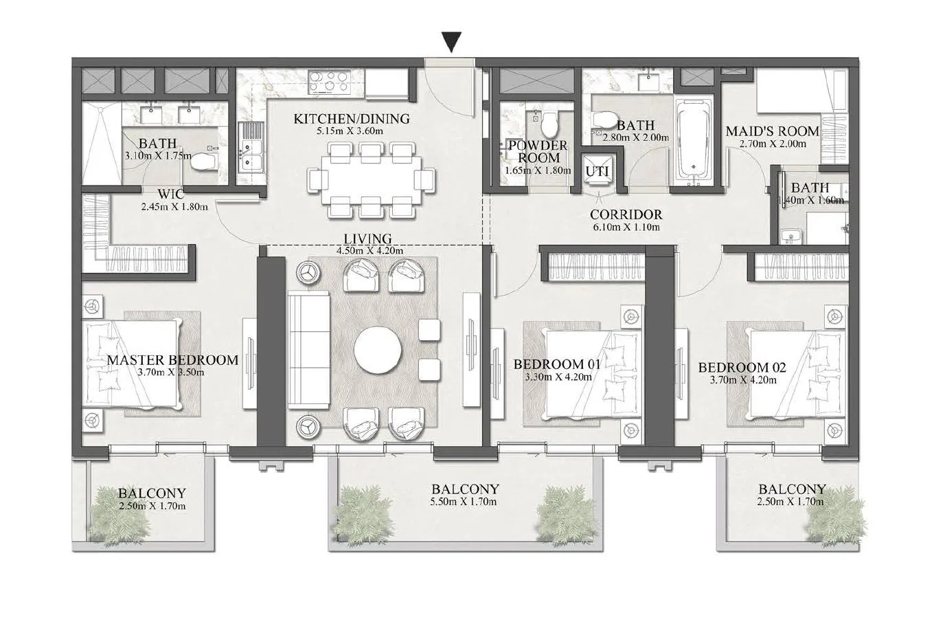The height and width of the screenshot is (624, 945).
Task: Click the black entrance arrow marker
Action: click(451, 42)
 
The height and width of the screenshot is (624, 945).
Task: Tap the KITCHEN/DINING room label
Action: click(352, 119)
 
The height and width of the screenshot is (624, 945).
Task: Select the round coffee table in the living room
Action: click(378, 350)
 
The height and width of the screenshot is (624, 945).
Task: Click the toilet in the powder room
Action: click(549, 122)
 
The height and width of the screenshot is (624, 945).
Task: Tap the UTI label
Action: click(597, 171)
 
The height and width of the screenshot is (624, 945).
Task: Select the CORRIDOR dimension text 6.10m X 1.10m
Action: click(626, 227)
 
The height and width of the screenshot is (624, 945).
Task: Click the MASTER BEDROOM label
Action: click(172, 360)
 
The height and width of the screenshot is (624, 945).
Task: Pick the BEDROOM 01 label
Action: click(557, 364)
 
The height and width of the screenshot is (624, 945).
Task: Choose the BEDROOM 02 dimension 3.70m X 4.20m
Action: click(742, 380)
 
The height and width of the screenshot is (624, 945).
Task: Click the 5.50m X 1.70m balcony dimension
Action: click(463, 502)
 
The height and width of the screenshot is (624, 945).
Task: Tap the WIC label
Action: click(171, 194)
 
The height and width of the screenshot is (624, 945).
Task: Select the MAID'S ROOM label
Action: click(772, 131)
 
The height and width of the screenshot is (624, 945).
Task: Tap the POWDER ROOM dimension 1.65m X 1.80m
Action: click(538, 170)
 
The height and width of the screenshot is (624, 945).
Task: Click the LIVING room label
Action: click(367, 239)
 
